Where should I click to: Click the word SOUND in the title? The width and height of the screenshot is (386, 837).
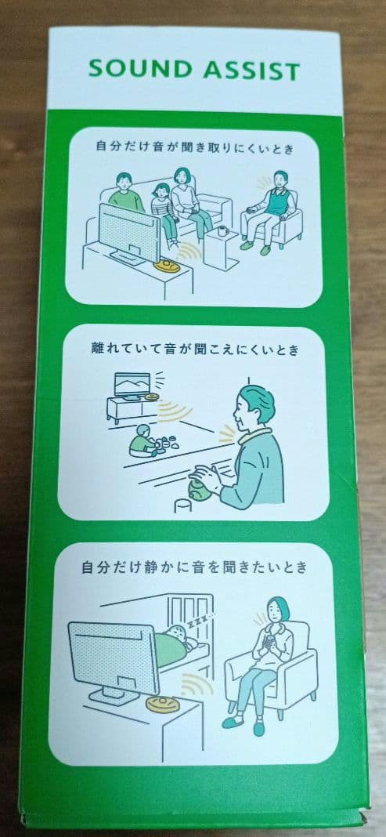[134, 70]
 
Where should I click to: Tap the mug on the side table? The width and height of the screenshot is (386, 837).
[222, 231]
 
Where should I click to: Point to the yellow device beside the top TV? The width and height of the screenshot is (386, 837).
[166, 265]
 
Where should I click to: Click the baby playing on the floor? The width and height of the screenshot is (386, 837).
[143, 441]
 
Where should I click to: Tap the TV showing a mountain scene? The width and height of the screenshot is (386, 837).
[132, 385]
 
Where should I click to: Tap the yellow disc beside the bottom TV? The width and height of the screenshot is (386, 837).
[162, 703]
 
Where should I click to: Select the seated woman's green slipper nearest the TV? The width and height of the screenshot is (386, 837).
[233, 723]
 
